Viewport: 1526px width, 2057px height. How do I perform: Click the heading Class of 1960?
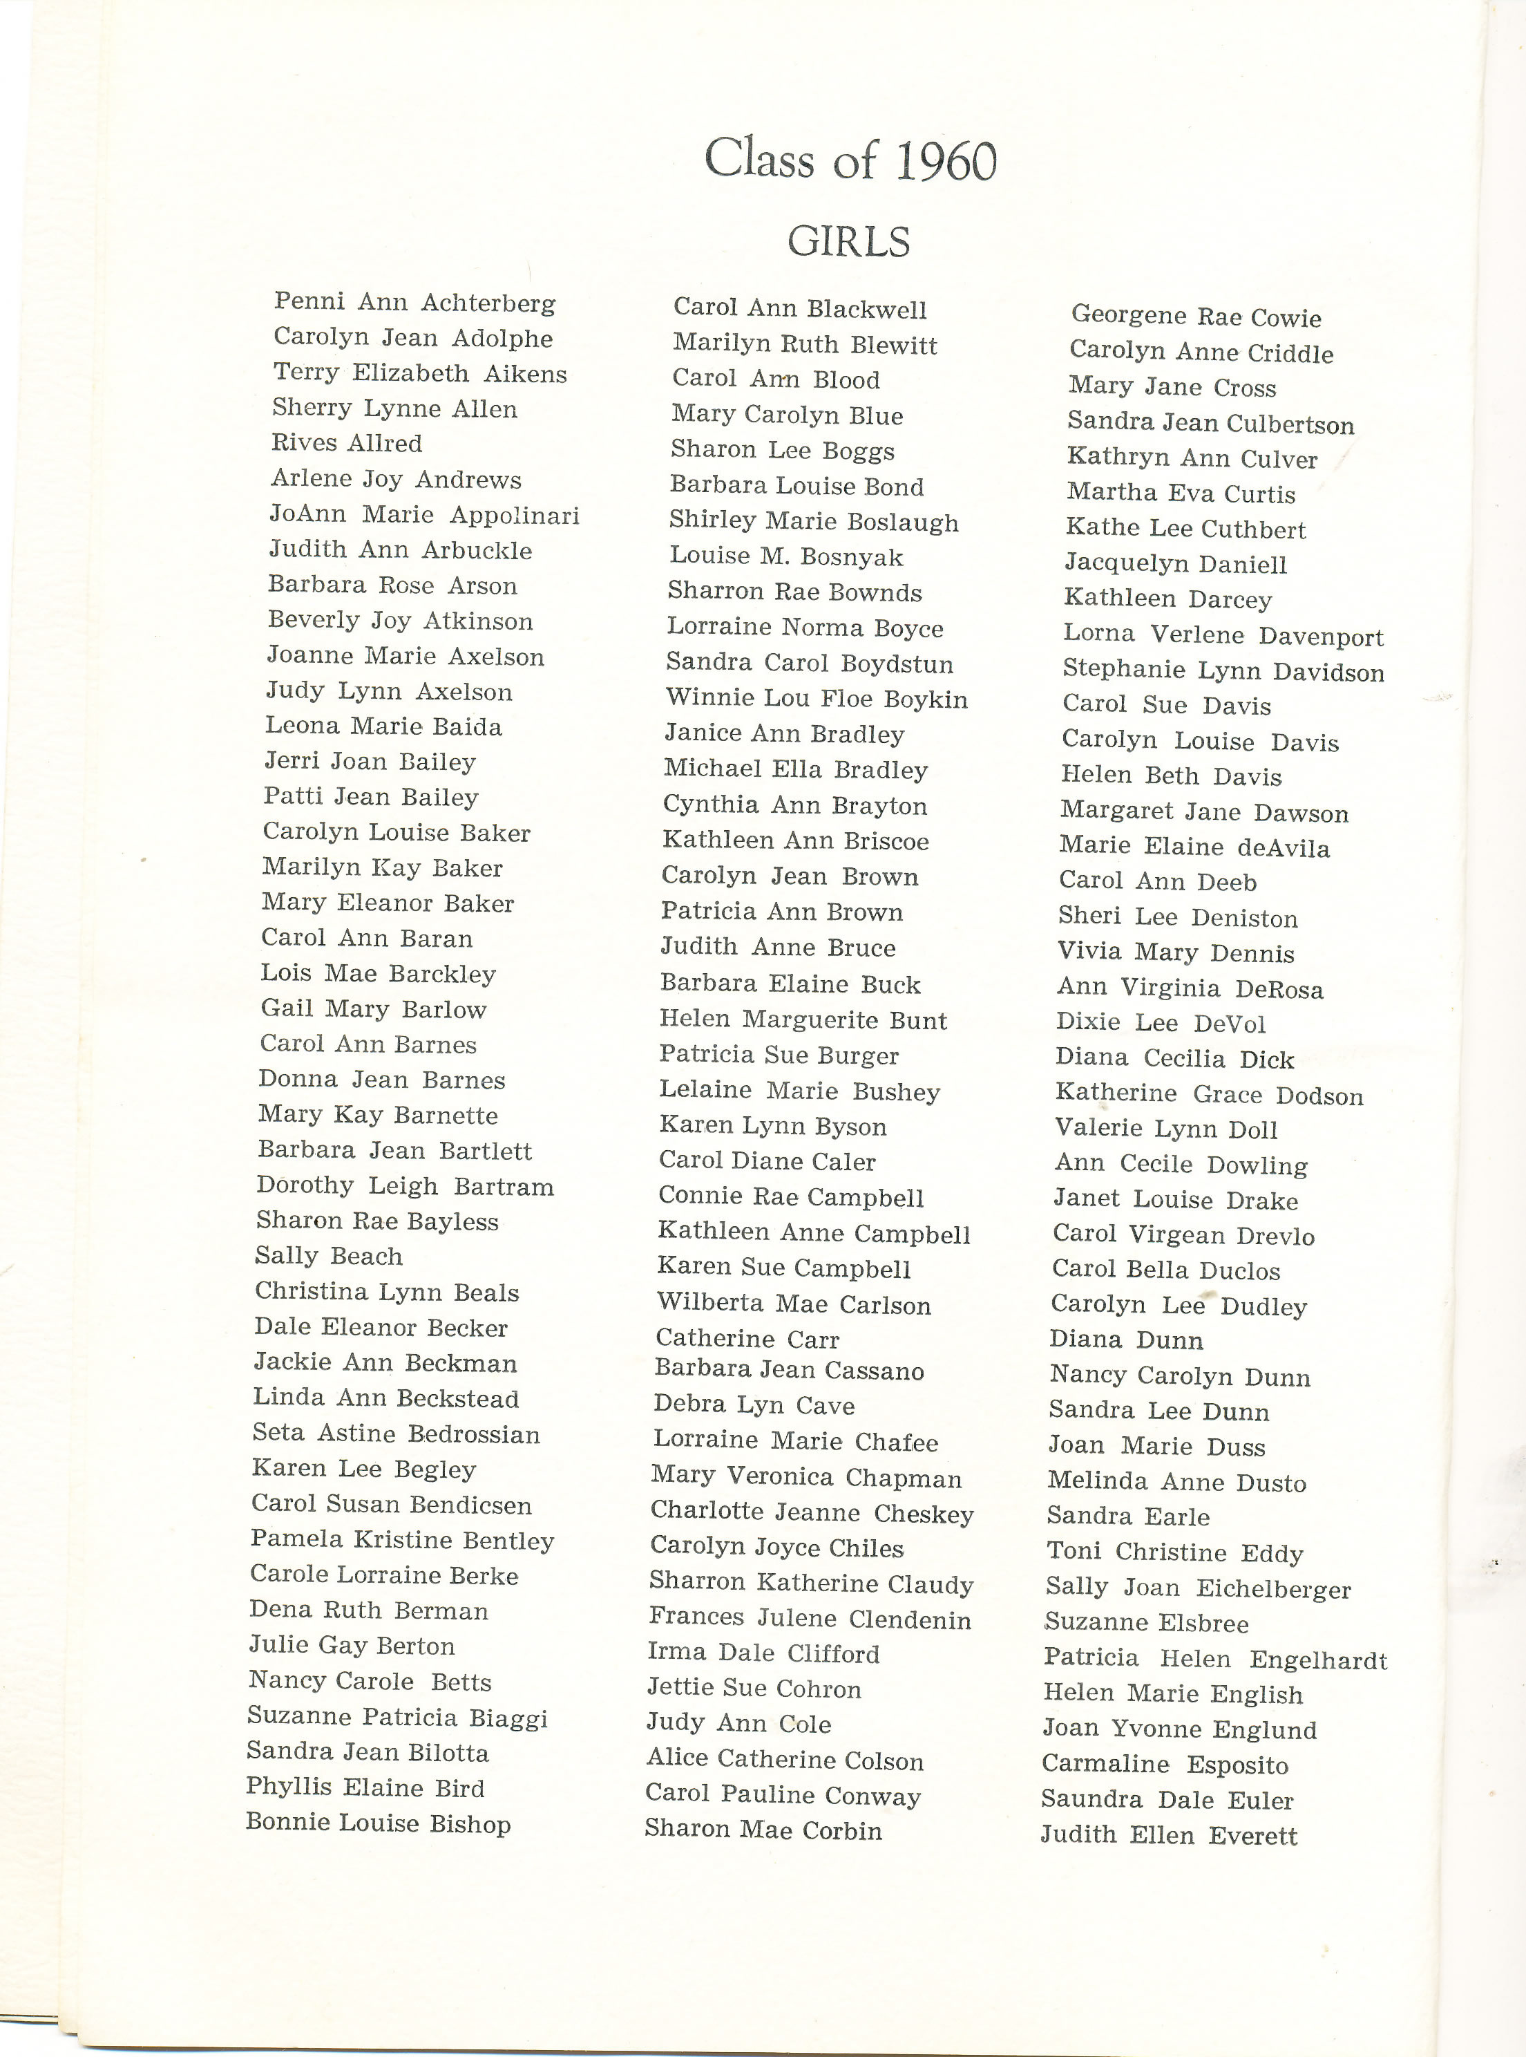click(850, 160)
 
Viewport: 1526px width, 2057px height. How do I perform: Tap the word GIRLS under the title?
click(848, 242)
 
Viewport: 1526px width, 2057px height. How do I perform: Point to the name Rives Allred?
click(346, 444)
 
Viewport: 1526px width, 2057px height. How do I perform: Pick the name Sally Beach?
click(329, 1257)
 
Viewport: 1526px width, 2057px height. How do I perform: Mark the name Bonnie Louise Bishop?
click(378, 1823)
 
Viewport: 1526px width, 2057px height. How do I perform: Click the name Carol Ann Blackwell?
click(799, 309)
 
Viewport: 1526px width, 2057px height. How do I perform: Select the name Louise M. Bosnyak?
click(786, 557)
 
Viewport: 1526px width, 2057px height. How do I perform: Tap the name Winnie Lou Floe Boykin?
click(817, 699)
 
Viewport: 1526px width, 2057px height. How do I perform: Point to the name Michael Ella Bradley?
click(795, 770)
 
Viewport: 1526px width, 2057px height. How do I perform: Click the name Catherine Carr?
click(747, 1339)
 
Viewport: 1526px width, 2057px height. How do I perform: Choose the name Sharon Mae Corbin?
click(763, 1830)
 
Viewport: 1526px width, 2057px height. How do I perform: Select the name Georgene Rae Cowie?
click(1196, 317)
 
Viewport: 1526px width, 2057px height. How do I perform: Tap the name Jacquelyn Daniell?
click(1175, 564)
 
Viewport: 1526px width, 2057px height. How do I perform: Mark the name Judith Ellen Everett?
click(1169, 1835)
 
